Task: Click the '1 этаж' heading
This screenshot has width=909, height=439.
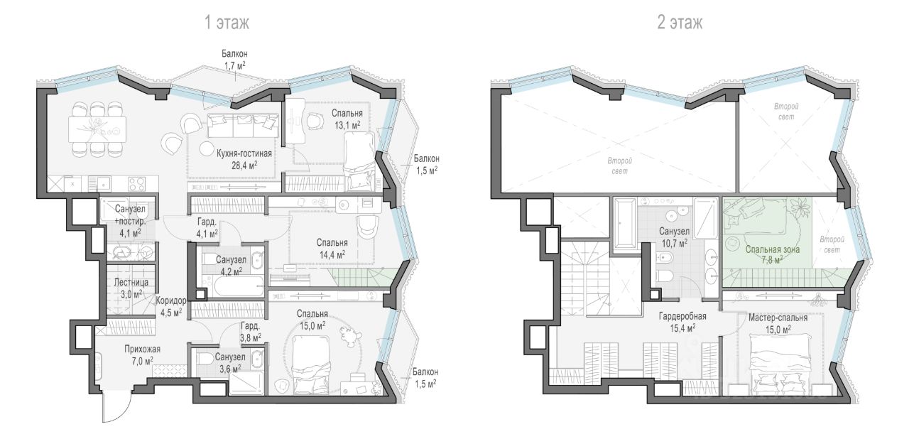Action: pos(227,23)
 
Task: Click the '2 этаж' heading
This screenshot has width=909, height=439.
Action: pos(680,23)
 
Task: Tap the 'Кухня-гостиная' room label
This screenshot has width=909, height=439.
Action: pos(244,153)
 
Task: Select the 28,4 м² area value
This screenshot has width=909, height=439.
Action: pos(244,165)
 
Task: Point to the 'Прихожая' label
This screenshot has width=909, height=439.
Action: pos(142,349)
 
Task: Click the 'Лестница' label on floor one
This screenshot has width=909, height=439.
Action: pos(131,283)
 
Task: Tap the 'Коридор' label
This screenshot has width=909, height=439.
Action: pos(171,301)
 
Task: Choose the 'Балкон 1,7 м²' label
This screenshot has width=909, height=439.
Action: pos(234,59)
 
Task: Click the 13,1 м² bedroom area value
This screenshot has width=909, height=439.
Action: pos(347,125)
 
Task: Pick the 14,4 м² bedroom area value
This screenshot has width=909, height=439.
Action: pos(332,254)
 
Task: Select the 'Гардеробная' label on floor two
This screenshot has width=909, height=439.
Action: pos(682,317)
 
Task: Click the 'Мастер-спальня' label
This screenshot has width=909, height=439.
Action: pos(778,318)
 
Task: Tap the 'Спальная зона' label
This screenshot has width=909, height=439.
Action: pos(773,249)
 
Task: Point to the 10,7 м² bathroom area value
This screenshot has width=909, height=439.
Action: pos(674,243)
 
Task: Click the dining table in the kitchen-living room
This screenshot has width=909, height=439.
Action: pos(97,129)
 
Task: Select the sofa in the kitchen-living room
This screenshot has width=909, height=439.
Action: pos(243,125)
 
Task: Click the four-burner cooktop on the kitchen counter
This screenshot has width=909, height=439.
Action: pos(137,184)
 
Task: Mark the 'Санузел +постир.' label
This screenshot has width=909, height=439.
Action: pos(130,215)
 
